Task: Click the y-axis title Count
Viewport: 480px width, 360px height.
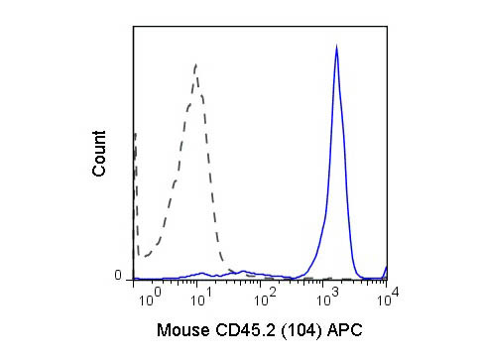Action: (99, 154)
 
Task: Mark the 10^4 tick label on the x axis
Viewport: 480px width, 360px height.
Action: (387, 295)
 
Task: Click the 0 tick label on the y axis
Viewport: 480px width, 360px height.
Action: (117, 275)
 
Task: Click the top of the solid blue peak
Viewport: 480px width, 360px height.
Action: (337, 48)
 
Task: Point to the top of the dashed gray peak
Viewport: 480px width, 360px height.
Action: (196, 65)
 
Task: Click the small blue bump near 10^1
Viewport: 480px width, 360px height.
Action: (201, 272)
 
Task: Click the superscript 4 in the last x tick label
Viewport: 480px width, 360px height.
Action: (393, 291)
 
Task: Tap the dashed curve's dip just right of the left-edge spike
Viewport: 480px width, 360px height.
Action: (142, 256)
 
